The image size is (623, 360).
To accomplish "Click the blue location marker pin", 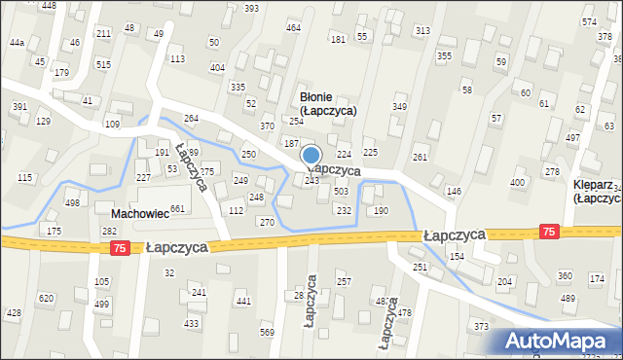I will [x=311, y=156].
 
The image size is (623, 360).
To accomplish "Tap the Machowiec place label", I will [x=141, y=213].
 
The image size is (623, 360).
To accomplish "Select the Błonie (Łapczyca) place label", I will [x=327, y=104].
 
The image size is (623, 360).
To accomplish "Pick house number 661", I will [x=177, y=209].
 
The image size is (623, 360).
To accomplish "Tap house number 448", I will [x=49, y=6].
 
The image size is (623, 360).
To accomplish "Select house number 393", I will [x=251, y=8].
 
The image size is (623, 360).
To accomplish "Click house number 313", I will [x=422, y=31].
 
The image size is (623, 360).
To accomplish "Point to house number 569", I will [x=268, y=333].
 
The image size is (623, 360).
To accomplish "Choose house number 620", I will [x=46, y=298].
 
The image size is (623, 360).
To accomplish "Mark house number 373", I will [x=481, y=326].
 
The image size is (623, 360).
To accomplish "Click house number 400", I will [x=517, y=182].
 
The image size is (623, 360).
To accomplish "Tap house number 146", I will [x=454, y=191].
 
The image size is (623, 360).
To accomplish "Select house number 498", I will [x=72, y=202].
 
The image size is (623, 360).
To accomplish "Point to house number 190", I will [x=381, y=210].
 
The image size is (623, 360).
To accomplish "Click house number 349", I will [x=399, y=106].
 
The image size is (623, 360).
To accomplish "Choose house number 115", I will [x=24, y=177].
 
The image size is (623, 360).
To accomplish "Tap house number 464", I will [x=293, y=27].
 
